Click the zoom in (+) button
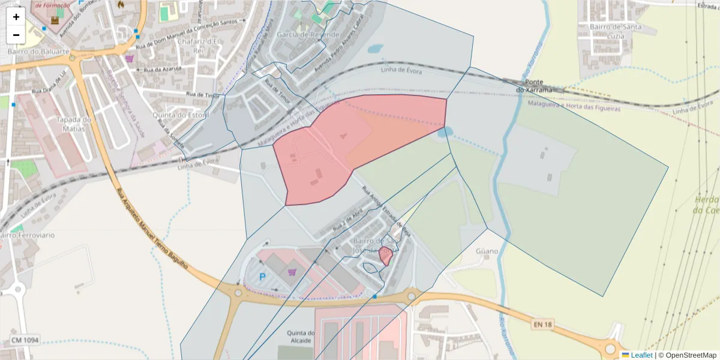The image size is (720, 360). [16, 17]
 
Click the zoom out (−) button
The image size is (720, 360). [16, 35]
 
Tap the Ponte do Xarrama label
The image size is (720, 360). [538, 86]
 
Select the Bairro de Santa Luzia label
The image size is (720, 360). [616, 31]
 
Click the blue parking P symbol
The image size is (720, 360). [262, 277]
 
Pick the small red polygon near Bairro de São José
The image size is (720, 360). [386, 256]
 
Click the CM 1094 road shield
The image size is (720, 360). [25, 340]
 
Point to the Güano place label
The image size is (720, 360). [487, 251]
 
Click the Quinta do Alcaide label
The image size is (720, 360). [300, 337]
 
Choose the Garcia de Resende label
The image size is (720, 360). [308, 35]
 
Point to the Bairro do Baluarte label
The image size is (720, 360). [38, 52]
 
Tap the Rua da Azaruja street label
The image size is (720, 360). [160, 70]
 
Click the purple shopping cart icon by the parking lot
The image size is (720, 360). [292, 272]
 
